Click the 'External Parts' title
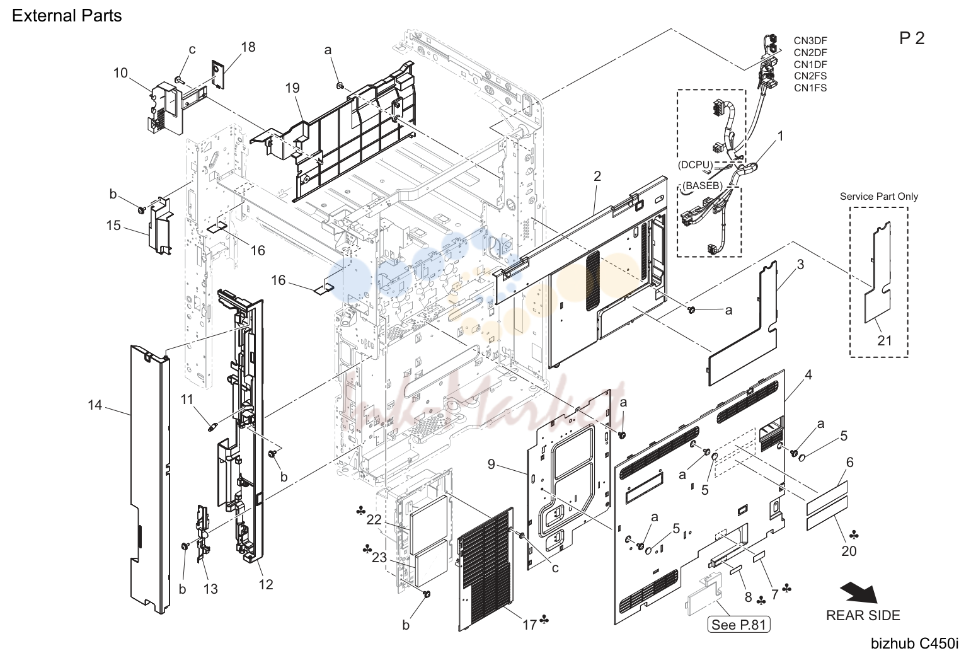pyautogui.click(x=67, y=16)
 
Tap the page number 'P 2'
pyautogui.click(x=912, y=38)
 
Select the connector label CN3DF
pyautogui.click(x=810, y=41)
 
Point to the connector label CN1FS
pyautogui.click(x=810, y=88)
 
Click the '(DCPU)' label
pyautogui.click(x=695, y=164)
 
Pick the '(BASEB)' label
pyautogui.click(x=703, y=185)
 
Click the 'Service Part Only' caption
pyautogui.click(x=878, y=197)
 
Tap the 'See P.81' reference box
pyautogui.click(x=738, y=625)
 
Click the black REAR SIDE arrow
pyautogui.click(x=859, y=593)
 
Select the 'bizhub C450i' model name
pyautogui.click(x=915, y=644)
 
